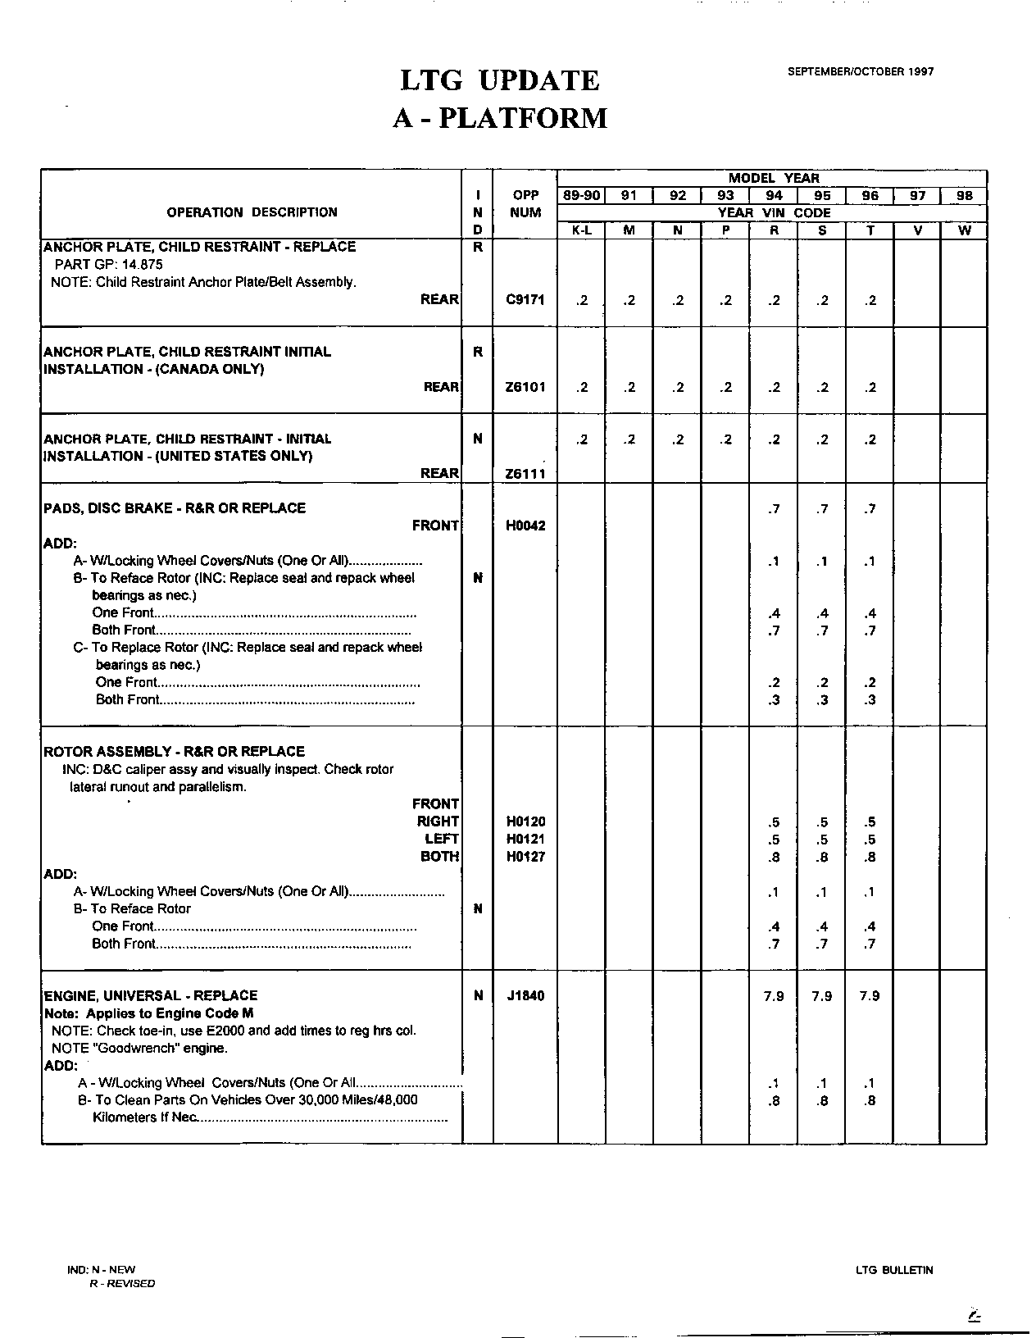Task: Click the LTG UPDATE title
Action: coord(499,80)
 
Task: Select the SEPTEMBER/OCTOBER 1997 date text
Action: coord(861,71)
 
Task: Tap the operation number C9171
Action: coord(525,300)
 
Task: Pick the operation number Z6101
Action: coord(525,387)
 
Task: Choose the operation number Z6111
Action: coord(525,474)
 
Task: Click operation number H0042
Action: coord(525,526)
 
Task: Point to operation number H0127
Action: coord(525,857)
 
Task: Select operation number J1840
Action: coord(525,996)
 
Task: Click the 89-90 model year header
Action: coord(581,195)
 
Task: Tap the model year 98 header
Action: coord(965,195)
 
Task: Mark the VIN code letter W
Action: coord(965,230)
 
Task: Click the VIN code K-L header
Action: coord(581,230)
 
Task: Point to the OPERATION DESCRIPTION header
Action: coord(252,212)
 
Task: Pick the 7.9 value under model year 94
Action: coord(774,996)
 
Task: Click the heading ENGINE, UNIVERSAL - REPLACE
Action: coord(151,995)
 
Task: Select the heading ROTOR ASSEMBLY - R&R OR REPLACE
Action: coord(174,751)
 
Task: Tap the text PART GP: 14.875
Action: coord(108,264)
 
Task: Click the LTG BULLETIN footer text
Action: coord(894,1270)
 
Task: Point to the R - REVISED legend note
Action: coord(122,1283)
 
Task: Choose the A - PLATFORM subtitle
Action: coord(500,118)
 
